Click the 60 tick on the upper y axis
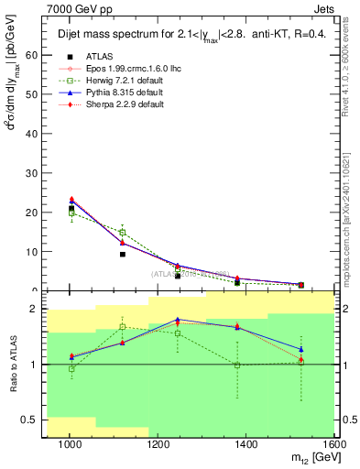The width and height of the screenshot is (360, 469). [32, 55]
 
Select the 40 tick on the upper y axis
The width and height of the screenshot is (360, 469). [32, 134]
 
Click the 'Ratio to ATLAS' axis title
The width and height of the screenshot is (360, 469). [12, 365]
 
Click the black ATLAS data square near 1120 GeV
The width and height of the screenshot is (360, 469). [122, 254]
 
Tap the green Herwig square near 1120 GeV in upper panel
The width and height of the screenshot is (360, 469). [122, 233]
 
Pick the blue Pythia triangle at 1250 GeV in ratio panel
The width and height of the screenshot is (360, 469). [178, 320]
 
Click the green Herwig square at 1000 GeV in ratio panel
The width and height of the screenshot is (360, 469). [71, 369]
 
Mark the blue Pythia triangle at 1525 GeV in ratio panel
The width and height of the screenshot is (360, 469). [300, 349]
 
